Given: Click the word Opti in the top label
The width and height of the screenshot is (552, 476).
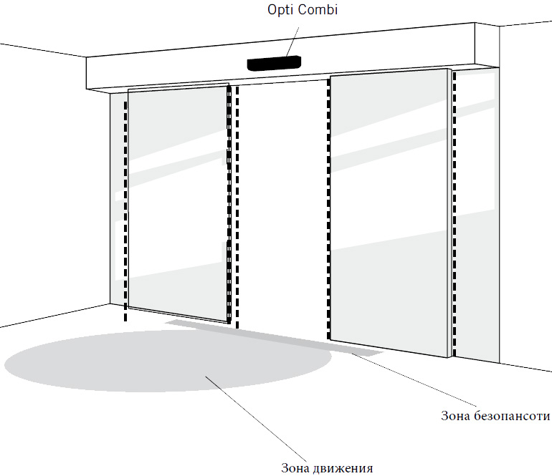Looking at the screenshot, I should coord(280,11).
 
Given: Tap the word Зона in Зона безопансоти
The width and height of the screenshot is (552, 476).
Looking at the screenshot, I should coord(454,416).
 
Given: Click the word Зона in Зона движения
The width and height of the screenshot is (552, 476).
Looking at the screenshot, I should coord(296,469).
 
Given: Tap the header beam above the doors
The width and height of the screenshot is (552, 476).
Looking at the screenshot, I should coord(179,72).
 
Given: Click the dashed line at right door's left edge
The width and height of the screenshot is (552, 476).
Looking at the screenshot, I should coord(329,208).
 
